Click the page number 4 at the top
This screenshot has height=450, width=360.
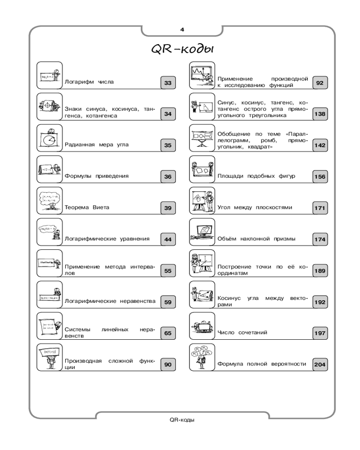(182, 30)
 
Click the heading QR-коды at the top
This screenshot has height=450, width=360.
(181, 49)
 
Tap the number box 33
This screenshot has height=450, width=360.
(168, 83)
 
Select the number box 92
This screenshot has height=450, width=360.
(320, 83)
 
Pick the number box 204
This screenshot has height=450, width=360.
(320, 364)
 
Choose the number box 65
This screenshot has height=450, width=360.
(168, 333)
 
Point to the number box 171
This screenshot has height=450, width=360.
(320, 208)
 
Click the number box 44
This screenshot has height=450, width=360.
(168, 239)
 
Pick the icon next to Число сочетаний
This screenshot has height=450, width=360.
(202, 325)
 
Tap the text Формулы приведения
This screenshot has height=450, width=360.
(97, 176)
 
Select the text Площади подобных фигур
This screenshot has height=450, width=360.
(256, 176)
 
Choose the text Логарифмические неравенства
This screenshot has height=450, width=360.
(110, 301)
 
